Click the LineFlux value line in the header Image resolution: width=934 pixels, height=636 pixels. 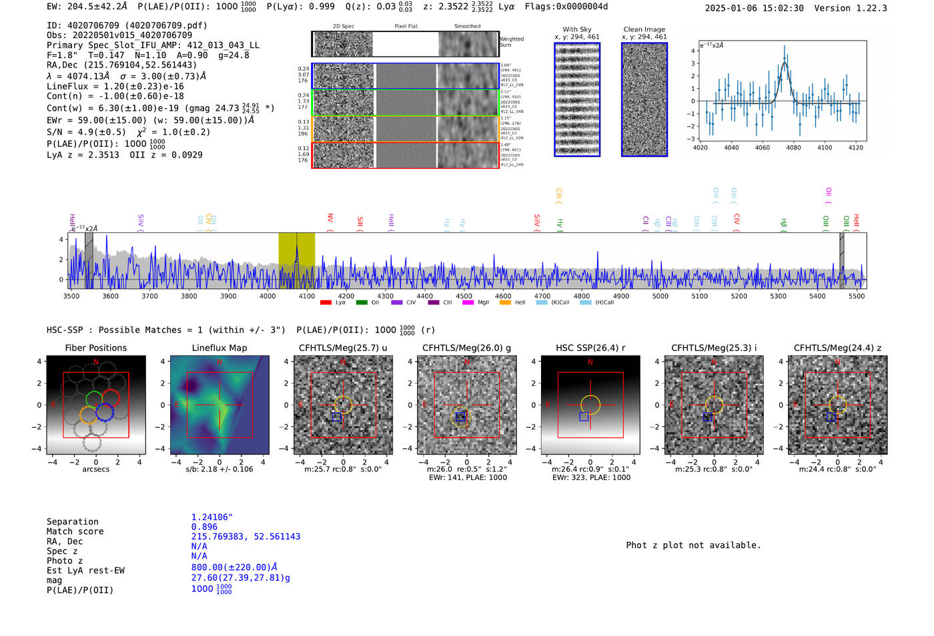115,86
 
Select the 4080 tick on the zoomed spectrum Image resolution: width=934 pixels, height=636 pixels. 793,147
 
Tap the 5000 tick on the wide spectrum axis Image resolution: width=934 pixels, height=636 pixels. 660,296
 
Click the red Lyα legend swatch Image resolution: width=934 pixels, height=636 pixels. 326,302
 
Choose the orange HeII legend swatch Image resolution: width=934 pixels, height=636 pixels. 505,302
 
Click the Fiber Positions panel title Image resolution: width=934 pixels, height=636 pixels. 95,348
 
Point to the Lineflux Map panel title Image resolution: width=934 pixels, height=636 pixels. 219,348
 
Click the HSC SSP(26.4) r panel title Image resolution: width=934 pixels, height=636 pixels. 590,348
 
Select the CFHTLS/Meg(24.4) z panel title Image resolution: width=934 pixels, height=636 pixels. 837,348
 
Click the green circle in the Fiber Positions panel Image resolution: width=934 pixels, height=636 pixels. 94,399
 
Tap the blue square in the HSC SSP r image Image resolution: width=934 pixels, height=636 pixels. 584,416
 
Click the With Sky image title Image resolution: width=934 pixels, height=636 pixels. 576,29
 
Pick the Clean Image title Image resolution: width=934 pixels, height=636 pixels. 644,29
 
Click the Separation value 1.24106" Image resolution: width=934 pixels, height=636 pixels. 211,517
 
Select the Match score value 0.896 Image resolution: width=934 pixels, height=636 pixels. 204,527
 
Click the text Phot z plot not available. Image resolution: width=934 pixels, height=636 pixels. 693,545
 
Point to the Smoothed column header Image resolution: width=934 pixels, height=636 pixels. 467,27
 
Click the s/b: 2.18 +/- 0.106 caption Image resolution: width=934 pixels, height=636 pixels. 219,469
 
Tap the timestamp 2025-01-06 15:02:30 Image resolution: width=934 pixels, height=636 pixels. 754,8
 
